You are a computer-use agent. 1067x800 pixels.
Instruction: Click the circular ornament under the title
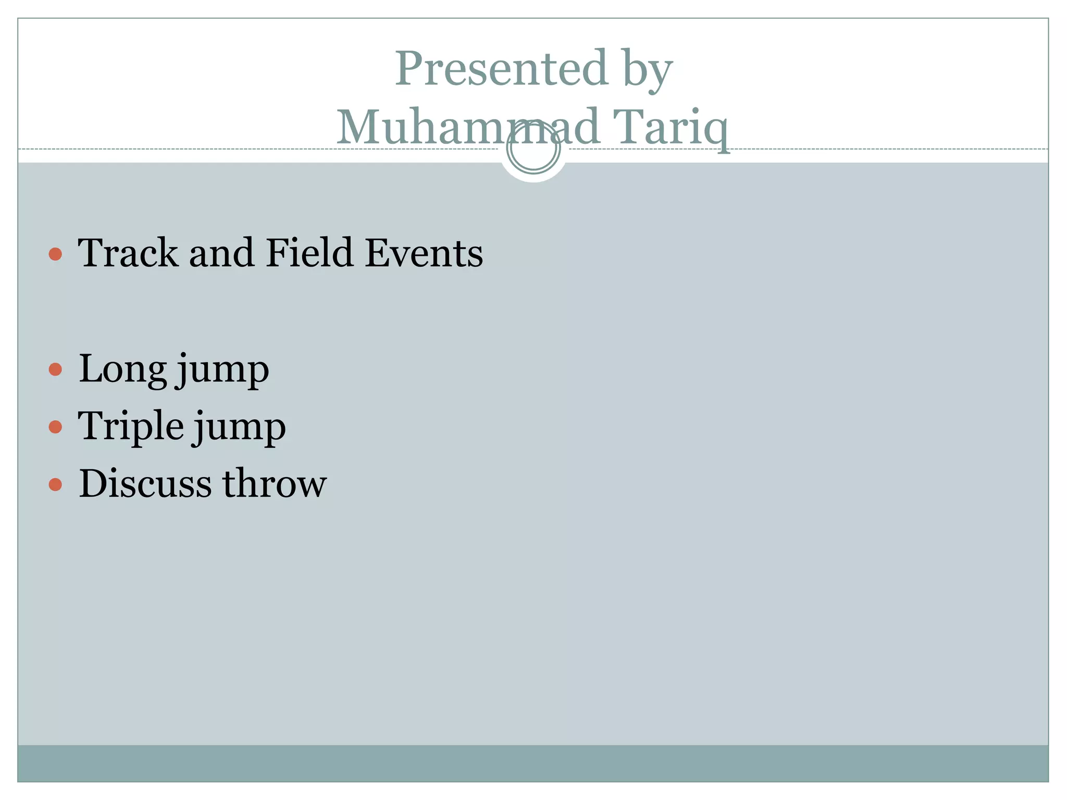coord(533,149)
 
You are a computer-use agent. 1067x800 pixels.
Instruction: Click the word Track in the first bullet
coord(128,253)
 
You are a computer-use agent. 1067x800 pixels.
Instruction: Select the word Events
coord(424,253)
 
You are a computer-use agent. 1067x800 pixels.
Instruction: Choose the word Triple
coord(131,426)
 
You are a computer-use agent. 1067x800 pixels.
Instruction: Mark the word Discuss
coord(145,483)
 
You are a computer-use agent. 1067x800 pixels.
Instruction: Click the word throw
coord(275,483)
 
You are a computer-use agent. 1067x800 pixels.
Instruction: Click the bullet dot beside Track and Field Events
coord(55,254)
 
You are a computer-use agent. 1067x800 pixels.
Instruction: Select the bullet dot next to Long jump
coord(55,370)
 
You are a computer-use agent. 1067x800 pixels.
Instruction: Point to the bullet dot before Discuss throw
coord(55,485)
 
